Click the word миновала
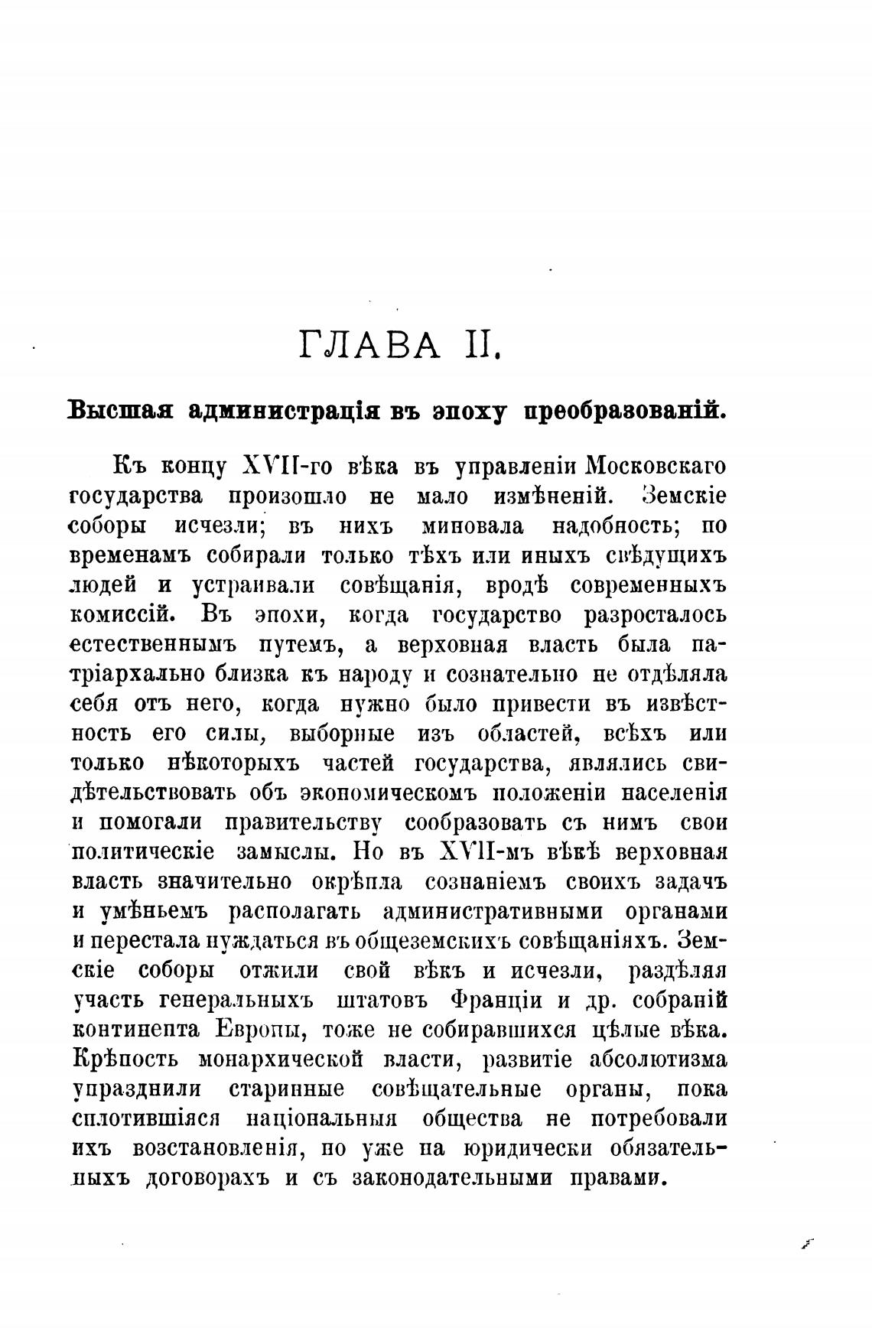click(x=473, y=526)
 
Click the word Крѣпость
click(x=125, y=1059)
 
